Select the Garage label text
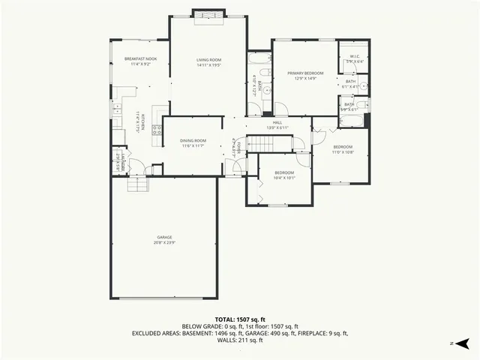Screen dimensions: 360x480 [x=164, y=237]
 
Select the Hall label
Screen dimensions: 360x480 [x=277, y=122]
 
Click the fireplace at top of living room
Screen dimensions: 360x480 [x=206, y=16]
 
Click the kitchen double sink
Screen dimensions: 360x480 [x=118, y=111]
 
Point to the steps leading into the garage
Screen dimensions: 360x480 [x=137, y=186]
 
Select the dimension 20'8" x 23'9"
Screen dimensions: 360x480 [x=164, y=243]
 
